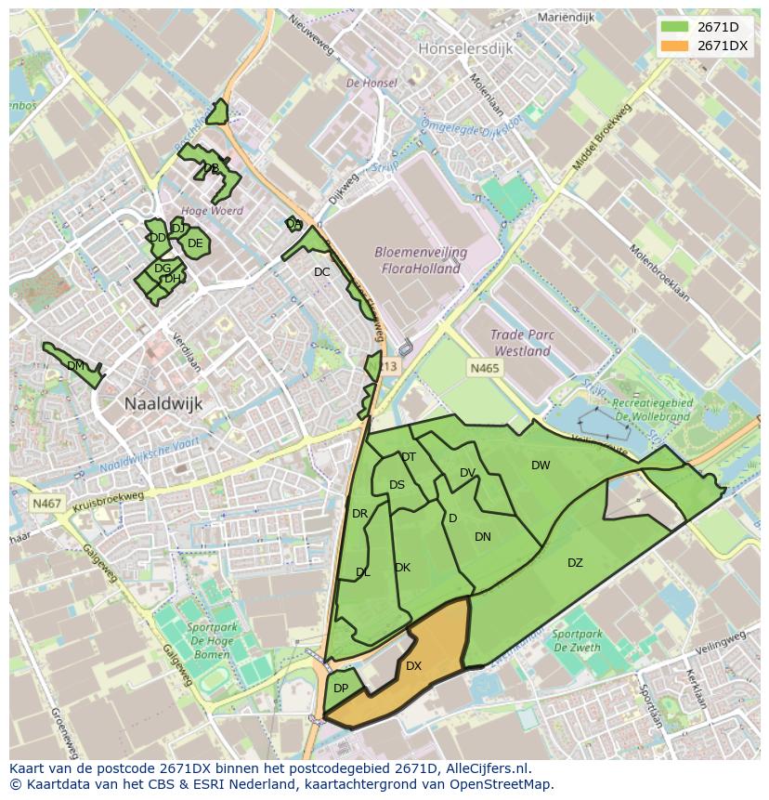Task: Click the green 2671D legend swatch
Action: click(675, 27)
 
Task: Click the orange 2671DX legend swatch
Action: click(675, 46)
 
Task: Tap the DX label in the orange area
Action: click(413, 666)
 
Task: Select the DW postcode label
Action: click(541, 466)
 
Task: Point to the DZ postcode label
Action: click(575, 563)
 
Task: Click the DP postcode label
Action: click(341, 689)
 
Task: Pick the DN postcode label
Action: click(483, 537)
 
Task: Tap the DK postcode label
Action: click(402, 568)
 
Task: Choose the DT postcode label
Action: click(409, 457)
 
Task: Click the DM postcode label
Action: click(76, 366)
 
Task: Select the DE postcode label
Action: click(195, 243)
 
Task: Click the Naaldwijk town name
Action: click(163, 404)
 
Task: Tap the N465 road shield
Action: click(484, 369)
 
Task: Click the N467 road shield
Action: click(46, 504)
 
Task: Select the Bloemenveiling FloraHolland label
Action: click(420, 260)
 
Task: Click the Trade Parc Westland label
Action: click(522, 344)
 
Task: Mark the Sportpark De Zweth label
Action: click(576, 641)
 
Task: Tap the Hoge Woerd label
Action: click(213, 211)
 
